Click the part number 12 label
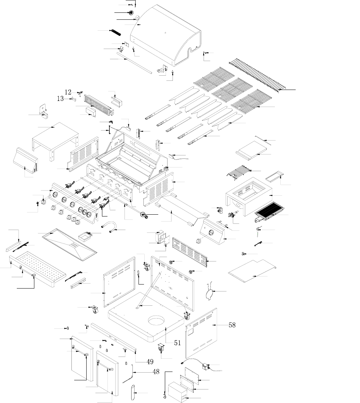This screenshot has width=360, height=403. coord(68,92)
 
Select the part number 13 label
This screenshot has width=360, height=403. coord(60,98)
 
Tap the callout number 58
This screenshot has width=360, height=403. coord(232,325)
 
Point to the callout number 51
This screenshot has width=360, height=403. coord(177,343)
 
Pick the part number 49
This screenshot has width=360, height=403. coord(150,362)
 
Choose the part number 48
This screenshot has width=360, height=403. coord(156,372)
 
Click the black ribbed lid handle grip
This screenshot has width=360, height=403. coord(115,32)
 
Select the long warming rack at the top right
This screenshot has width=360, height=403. coord(256,75)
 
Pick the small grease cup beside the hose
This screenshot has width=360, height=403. coord(86,236)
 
